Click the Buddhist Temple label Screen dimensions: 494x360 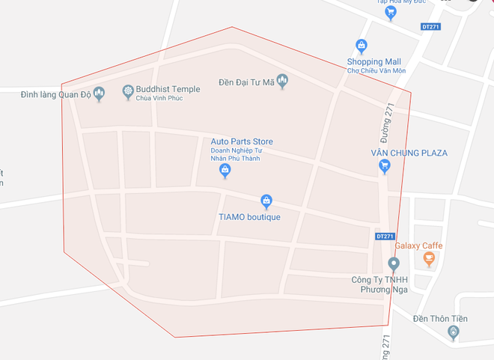pyautogui.click(x=169, y=89)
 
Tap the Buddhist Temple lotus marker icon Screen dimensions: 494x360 pyautogui.click(x=128, y=92)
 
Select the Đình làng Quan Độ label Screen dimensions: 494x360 pyautogui.click(x=46, y=93)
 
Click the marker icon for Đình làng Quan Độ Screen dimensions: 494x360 pyautogui.click(x=102, y=93)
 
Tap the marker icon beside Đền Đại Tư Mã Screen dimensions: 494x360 pyautogui.click(x=282, y=81)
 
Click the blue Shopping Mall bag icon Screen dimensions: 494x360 pyautogui.click(x=362, y=46)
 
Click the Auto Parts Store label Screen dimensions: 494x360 pyautogui.click(x=242, y=141)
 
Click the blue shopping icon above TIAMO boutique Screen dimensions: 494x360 pyautogui.click(x=266, y=201)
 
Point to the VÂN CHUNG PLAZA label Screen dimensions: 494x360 pyautogui.click(x=409, y=153)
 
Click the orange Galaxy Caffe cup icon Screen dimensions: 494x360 pyautogui.click(x=429, y=259)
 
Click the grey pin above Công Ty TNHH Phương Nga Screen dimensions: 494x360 pyautogui.click(x=394, y=263)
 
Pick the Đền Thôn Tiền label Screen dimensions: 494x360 pyautogui.click(x=440, y=319)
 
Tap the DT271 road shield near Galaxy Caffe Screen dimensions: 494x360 pyautogui.click(x=384, y=236)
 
